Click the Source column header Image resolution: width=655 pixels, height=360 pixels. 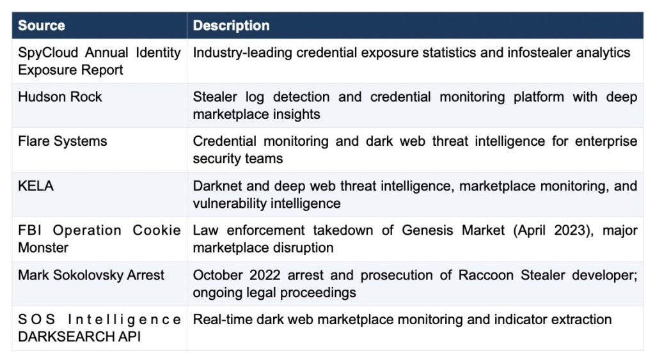point(42,26)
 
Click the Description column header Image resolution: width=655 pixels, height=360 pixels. point(231,26)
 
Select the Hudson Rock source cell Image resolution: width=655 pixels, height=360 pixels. point(59,97)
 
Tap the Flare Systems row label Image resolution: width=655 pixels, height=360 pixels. point(62,141)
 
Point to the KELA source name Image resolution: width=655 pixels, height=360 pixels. point(36,186)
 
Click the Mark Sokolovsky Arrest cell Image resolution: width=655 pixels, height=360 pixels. point(91,275)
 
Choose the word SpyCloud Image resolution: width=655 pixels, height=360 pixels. point(48,52)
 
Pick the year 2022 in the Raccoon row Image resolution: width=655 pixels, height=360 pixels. point(265,275)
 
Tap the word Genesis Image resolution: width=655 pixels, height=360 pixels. point(427,231)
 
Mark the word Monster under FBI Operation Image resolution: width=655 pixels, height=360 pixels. point(43,247)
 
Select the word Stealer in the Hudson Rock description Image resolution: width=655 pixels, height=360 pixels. point(215,97)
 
